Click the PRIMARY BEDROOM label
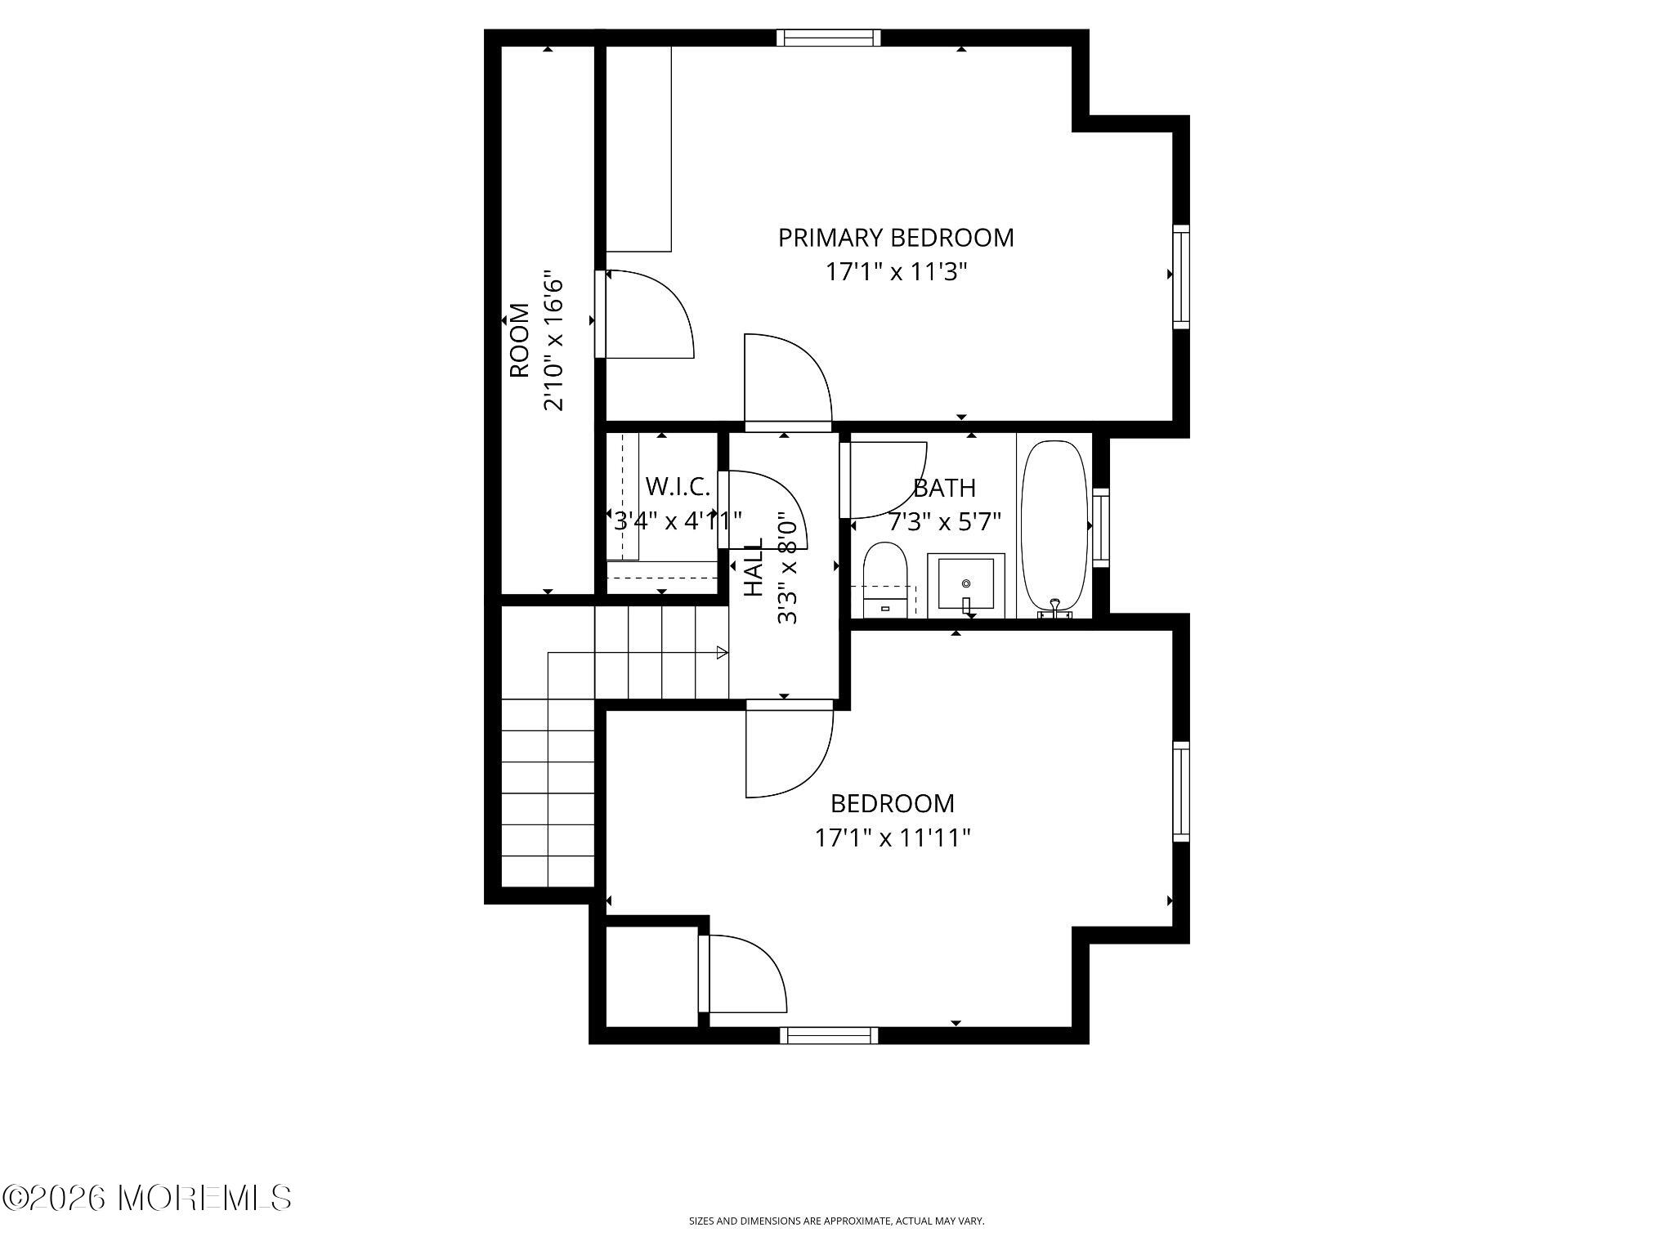pyautogui.click(x=896, y=238)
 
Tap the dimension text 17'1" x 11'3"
pyautogui.click(x=896, y=272)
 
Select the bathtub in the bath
pyautogui.click(x=1055, y=527)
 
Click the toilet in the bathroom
pyautogui.click(x=886, y=578)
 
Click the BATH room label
pyautogui.click(x=944, y=489)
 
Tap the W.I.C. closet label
pyautogui.click(x=678, y=487)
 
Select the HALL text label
pyautogui.click(x=754, y=567)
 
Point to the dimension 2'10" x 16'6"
pyautogui.click(x=554, y=341)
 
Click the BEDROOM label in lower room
pyautogui.click(x=892, y=804)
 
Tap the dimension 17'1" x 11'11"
pyautogui.click(x=892, y=838)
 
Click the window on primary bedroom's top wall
pyautogui.click(x=828, y=38)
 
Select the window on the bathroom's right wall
pyautogui.click(x=1100, y=527)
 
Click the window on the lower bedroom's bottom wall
pyautogui.click(x=828, y=1036)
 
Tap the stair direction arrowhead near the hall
pyautogui.click(x=722, y=652)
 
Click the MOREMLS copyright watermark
pyautogui.click(x=147, y=1199)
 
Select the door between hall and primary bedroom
pyautogui.click(x=788, y=382)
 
